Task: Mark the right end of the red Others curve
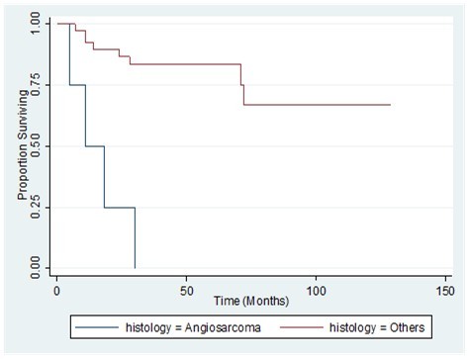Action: (390, 104)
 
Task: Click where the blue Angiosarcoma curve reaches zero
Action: (135, 267)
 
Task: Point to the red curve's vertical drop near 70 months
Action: (242, 87)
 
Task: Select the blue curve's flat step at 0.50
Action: (94, 146)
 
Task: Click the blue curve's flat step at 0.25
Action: (119, 208)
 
